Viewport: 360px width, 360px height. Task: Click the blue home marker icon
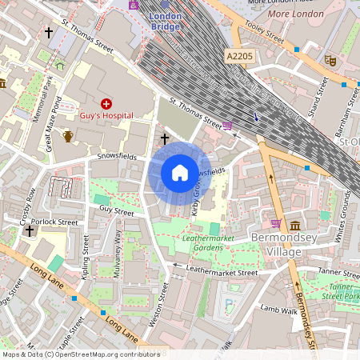pos(180,173)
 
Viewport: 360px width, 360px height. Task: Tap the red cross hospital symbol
pos(106,104)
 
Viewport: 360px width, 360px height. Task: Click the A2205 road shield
pos(241,56)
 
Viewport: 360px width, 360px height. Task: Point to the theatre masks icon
pos(329,59)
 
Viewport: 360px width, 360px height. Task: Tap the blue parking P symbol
pos(230,303)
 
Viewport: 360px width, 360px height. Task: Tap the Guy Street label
pos(116,210)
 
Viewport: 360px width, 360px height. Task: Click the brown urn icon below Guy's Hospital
pos(68,136)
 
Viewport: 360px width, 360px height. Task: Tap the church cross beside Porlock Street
pos(30,231)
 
